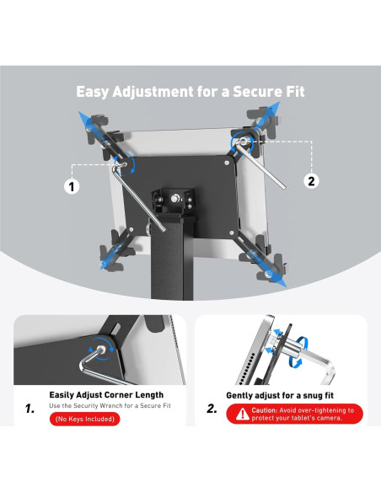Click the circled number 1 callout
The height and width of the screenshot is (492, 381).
72,187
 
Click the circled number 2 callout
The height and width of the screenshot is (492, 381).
311,181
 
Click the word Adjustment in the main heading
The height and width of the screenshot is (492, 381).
153,93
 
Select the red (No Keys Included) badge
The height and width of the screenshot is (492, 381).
85,419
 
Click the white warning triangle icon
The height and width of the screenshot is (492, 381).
242,414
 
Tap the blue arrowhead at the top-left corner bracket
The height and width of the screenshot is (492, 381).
83,117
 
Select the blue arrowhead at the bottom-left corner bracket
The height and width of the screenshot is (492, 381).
105,265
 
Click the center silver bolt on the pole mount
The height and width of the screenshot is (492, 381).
174,198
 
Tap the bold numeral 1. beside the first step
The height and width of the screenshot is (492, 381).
30,409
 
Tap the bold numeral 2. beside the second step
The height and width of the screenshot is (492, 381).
212,409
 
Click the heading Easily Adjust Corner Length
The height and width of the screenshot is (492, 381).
106,395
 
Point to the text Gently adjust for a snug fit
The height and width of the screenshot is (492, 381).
280,395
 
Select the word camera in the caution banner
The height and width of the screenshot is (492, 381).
330,418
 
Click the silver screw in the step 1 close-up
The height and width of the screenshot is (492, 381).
101,349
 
